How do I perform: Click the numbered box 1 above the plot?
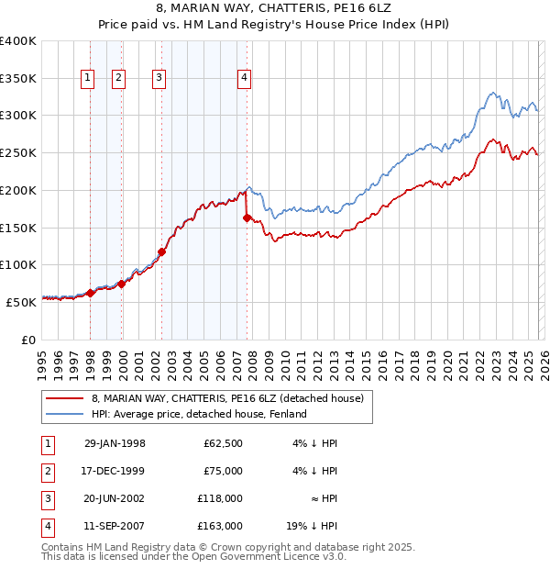click(x=88, y=79)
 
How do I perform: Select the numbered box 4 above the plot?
click(x=245, y=79)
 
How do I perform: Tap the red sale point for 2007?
click(x=247, y=218)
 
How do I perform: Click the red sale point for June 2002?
click(x=161, y=251)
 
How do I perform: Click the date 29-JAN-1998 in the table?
click(x=115, y=443)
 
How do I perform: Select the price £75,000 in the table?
click(x=223, y=471)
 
